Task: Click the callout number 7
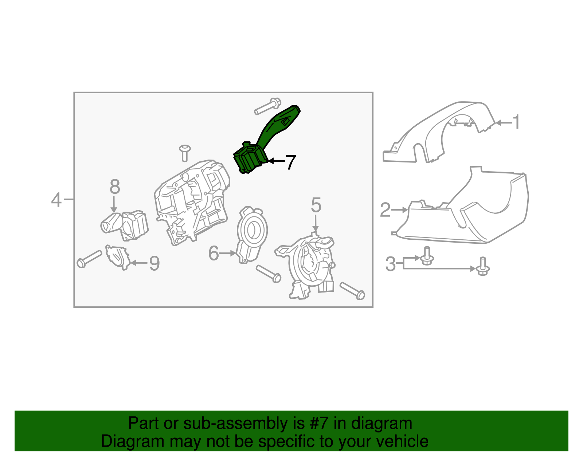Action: point(290,162)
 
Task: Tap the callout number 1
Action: point(516,122)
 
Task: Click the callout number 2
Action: point(385,210)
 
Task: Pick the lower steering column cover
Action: point(474,219)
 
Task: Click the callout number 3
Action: point(390,264)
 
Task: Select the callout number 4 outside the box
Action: point(56,200)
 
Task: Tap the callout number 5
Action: point(316,205)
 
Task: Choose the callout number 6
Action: point(214,253)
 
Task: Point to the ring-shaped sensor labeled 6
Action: point(251,233)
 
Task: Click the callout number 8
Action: point(114,187)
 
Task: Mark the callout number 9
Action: point(154,263)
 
